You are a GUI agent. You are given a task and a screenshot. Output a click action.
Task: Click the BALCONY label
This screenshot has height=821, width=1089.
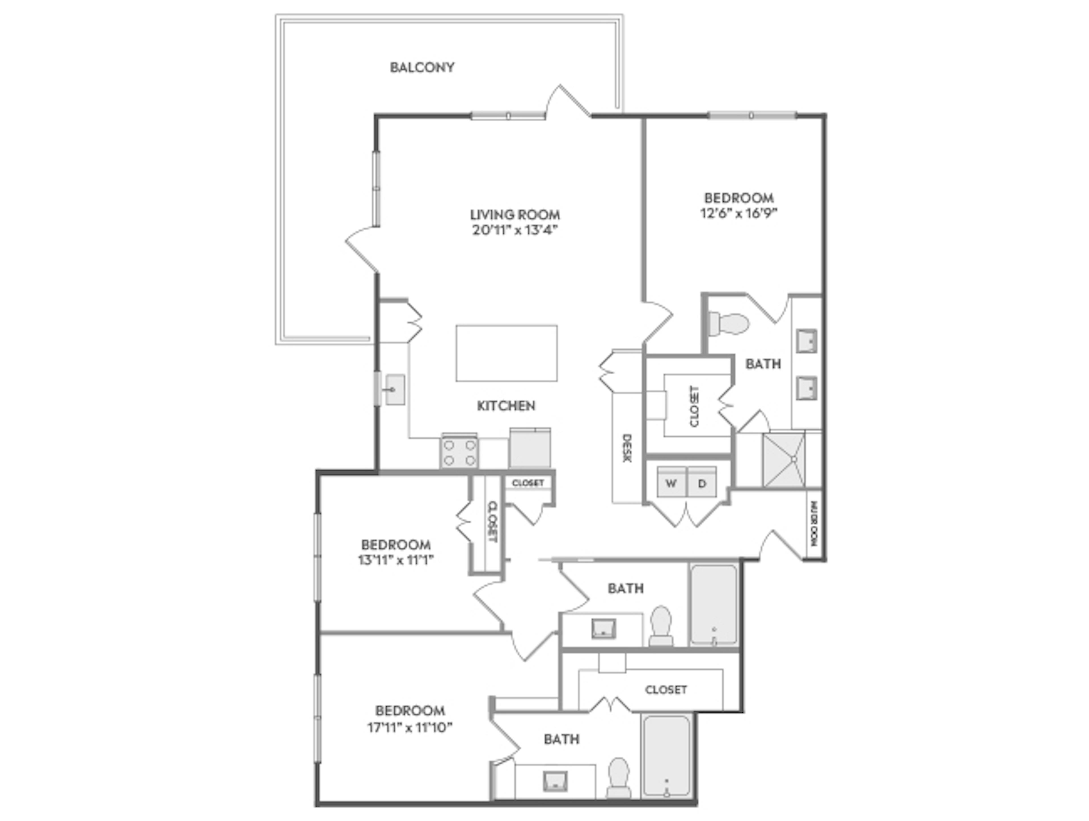[x=422, y=67]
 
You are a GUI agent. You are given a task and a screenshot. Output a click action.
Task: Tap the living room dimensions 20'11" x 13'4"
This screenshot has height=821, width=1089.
[x=515, y=230]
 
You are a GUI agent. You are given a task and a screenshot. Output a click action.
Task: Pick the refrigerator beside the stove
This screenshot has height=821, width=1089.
[x=530, y=448]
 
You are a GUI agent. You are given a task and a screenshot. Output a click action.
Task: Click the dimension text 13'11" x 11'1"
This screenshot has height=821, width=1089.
[x=396, y=560]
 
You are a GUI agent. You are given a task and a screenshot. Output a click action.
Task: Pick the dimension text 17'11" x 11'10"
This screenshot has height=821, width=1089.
[x=410, y=727]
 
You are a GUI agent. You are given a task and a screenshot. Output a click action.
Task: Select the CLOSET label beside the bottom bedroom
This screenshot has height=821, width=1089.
[x=666, y=690]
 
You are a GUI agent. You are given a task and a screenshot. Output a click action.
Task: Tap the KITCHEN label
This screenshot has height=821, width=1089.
[x=506, y=406]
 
